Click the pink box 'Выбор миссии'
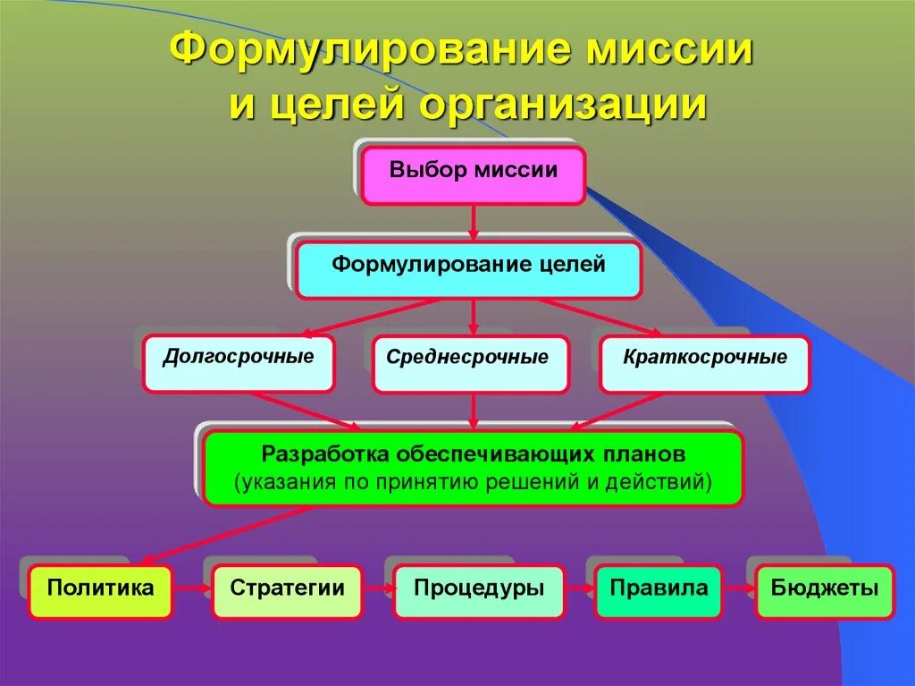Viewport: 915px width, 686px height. click(474, 175)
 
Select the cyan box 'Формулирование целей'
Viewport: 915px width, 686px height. click(468, 269)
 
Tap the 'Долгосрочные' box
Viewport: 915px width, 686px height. click(239, 363)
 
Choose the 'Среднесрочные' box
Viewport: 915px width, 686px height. click(470, 363)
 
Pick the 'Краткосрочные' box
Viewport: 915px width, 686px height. click(704, 363)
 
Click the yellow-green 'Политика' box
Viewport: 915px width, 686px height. click(100, 591)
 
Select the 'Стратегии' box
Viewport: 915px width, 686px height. click(287, 591)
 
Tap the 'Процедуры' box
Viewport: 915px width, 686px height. click(479, 591)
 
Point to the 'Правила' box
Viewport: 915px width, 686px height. click(659, 591)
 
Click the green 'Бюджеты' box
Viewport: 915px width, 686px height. click(825, 591)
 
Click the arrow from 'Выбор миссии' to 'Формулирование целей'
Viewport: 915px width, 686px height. click(474, 222)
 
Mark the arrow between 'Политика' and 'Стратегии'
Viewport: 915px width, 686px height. click(192, 590)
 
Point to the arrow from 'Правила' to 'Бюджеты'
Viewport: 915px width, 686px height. click(739, 590)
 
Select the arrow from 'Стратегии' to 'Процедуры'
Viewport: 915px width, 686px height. click(378, 590)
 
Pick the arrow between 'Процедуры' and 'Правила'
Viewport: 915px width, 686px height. click(580, 590)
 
